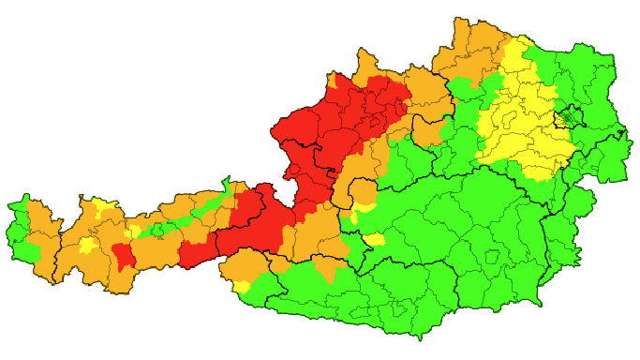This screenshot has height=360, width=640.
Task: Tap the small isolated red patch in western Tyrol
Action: pos(123,254)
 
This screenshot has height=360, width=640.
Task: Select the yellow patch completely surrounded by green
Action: pos(375,240)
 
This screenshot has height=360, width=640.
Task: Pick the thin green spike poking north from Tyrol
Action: pos(226,180)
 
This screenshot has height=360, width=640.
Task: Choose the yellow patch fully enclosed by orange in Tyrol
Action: pos(88,246)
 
